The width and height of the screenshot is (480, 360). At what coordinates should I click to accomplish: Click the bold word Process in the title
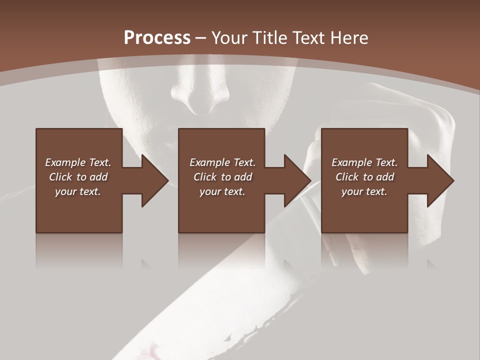pyautogui.click(x=157, y=37)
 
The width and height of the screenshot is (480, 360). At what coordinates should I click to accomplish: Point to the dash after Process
pyautogui.click(x=200, y=38)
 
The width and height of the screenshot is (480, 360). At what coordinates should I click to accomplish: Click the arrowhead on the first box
pyautogui.click(x=152, y=180)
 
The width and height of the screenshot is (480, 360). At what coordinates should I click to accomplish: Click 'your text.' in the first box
pyautogui.click(x=78, y=191)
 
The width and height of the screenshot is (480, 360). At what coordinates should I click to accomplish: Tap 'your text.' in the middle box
pyautogui.click(x=222, y=191)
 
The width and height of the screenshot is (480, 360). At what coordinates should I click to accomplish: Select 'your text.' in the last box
pyautogui.click(x=364, y=191)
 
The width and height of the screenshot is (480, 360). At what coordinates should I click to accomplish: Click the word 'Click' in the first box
pyautogui.click(x=60, y=177)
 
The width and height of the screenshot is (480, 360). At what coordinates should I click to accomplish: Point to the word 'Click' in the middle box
pyautogui.click(x=205, y=177)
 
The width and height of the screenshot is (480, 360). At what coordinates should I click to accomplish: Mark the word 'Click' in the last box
pyautogui.click(x=347, y=177)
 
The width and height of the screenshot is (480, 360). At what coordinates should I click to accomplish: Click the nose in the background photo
pyautogui.click(x=200, y=95)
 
